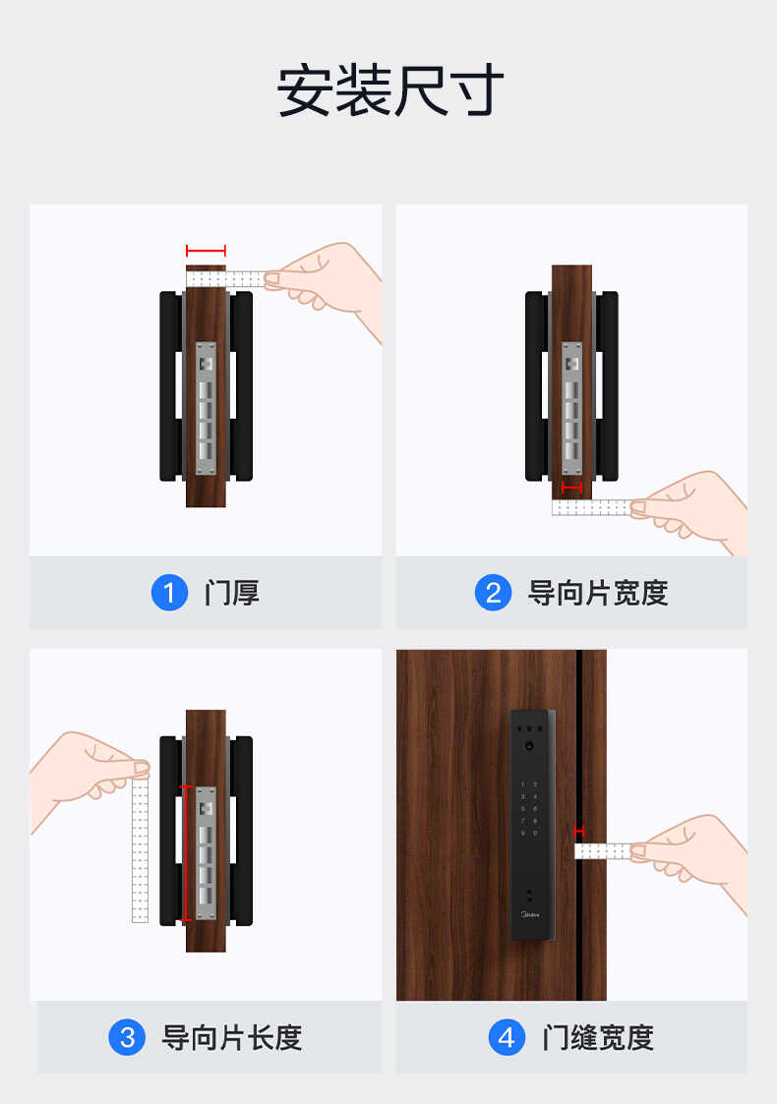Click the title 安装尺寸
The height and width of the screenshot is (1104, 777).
click(389, 91)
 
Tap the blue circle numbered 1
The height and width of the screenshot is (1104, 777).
click(169, 593)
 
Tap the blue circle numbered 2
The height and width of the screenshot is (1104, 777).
click(493, 593)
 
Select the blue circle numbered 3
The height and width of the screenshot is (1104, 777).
click(127, 1037)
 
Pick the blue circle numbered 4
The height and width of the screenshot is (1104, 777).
click(507, 1037)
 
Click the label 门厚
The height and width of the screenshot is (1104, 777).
click(232, 593)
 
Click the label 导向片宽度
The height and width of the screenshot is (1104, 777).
click(598, 593)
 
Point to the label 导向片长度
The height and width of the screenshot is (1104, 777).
click(232, 1037)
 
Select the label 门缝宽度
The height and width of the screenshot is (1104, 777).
click(598, 1037)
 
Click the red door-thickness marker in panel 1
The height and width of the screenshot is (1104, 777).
click(206, 251)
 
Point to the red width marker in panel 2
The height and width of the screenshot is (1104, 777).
click(571, 487)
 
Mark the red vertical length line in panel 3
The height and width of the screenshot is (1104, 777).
click(184, 852)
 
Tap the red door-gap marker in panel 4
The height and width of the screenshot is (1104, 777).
click(579, 831)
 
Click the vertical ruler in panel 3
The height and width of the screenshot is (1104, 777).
click(140, 850)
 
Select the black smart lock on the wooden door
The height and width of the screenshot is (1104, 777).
click(532, 824)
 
